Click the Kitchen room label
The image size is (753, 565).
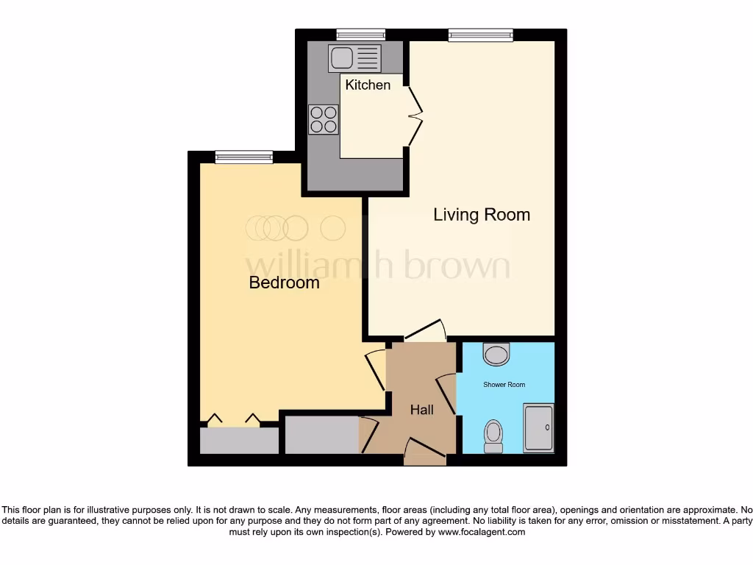[368, 85]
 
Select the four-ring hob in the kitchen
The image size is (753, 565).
[324, 119]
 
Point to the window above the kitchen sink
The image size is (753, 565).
[360, 34]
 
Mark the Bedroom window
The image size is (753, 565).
[243, 156]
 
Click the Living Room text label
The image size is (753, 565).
[481, 215]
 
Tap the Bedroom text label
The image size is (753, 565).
[284, 282]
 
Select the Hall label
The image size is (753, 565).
[421, 411]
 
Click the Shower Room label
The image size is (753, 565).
[504, 385]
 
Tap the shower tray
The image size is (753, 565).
[538, 427]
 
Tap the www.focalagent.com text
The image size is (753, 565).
[481, 532]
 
